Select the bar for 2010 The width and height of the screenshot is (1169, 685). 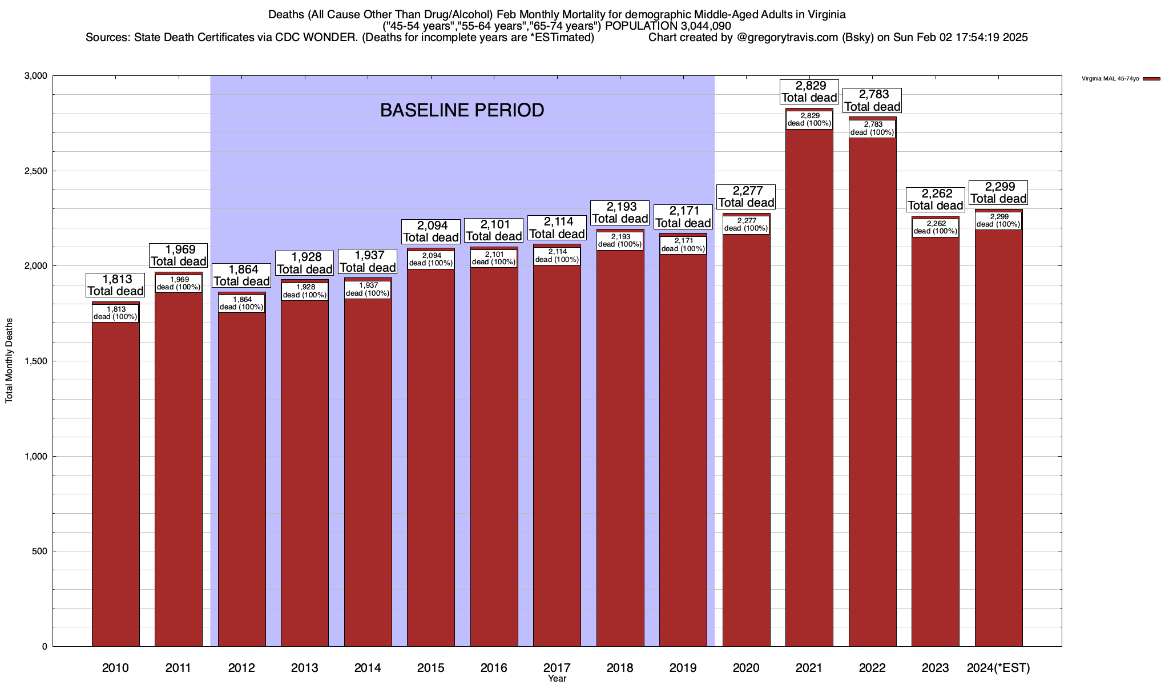click(115, 485)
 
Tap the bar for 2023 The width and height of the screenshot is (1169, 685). click(935, 445)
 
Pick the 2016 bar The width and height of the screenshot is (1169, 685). click(494, 457)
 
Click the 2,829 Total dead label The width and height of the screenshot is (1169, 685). click(809, 92)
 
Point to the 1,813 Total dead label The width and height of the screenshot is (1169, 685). click(115, 285)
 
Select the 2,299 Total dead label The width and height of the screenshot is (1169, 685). click(998, 193)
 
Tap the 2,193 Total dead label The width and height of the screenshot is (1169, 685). click(620, 213)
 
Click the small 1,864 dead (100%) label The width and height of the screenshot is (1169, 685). click(241, 303)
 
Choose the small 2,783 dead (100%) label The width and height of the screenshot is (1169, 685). click(872, 128)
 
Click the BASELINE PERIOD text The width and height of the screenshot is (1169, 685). click(462, 110)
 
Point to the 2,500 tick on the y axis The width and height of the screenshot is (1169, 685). click(37, 171)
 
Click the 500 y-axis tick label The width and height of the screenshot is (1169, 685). click(40, 551)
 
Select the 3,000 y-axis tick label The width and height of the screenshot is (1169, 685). click(37, 76)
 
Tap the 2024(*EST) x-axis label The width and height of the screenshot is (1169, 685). click(998, 668)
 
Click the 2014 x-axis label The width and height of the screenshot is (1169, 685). click(368, 668)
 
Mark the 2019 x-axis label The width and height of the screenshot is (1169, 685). click(683, 668)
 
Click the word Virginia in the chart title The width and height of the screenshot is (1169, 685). click(825, 15)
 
